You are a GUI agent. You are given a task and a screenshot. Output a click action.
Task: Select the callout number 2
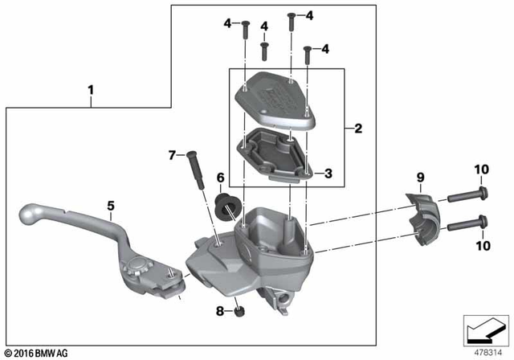click(x=357, y=128)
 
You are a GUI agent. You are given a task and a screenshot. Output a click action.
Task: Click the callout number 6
click(x=219, y=177)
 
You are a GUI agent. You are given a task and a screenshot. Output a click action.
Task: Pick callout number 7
click(x=170, y=154)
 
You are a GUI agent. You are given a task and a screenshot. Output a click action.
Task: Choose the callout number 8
click(x=218, y=309)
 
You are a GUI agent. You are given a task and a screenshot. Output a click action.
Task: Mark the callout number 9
click(x=419, y=177)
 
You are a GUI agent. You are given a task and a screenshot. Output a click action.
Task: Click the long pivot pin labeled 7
click(x=198, y=171)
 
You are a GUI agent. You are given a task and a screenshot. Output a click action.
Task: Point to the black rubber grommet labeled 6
click(x=228, y=206)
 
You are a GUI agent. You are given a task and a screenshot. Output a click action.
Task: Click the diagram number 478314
click(x=485, y=350)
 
